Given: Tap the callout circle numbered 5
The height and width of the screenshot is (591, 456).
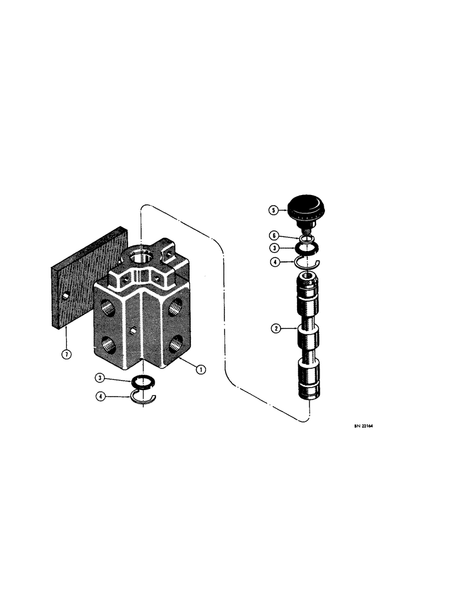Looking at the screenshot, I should tap(272, 209).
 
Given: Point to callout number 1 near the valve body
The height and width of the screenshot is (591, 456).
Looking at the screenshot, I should tap(201, 369).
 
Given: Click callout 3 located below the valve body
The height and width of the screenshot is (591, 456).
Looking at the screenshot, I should tap(103, 376).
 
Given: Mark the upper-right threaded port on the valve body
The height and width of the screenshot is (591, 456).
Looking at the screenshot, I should tap(177, 306).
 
